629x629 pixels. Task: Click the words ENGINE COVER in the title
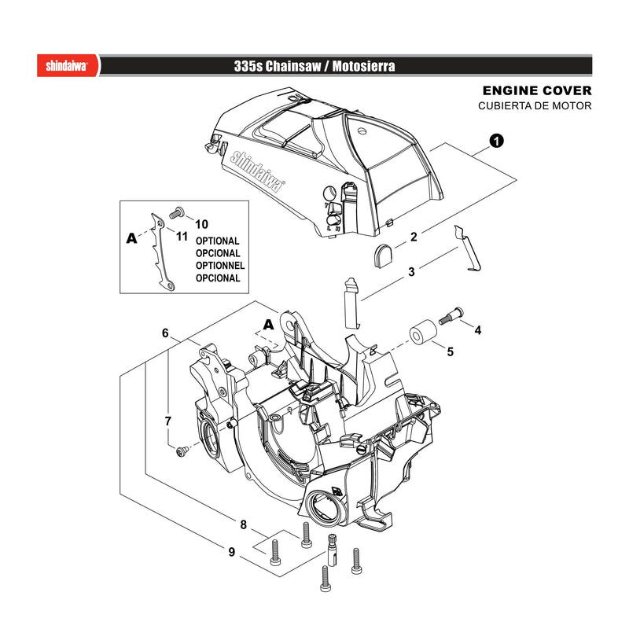click(x=537, y=90)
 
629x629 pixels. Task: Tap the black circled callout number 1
click(x=497, y=142)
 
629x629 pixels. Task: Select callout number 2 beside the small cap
click(x=414, y=237)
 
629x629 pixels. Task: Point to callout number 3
click(x=411, y=272)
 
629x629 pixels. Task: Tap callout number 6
click(x=165, y=333)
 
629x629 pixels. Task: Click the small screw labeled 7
click(x=182, y=451)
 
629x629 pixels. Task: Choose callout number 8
click(x=243, y=524)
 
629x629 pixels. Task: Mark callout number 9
click(x=231, y=552)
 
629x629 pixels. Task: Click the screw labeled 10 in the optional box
click(x=176, y=212)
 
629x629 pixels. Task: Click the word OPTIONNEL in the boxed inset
click(x=220, y=266)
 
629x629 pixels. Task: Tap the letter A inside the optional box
click(x=131, y=238)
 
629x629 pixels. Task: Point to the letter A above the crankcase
click(x=268, y=324)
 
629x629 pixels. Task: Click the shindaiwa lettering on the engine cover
click(x=257, y=171)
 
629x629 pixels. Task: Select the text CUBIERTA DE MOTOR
click(x=535, y=106)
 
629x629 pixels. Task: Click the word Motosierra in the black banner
click(x=363, y=66)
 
